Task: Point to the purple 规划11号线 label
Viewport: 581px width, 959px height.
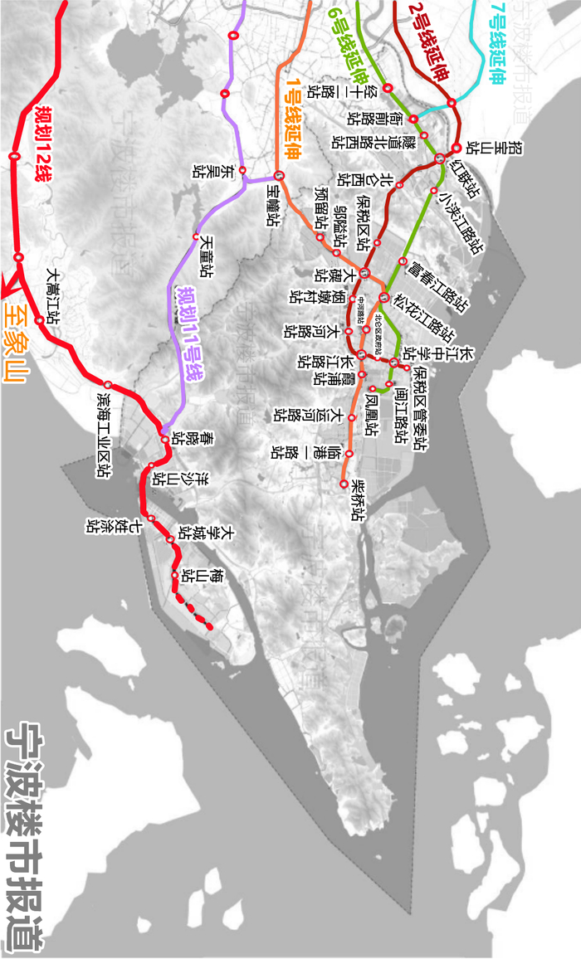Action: pos(190,333)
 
